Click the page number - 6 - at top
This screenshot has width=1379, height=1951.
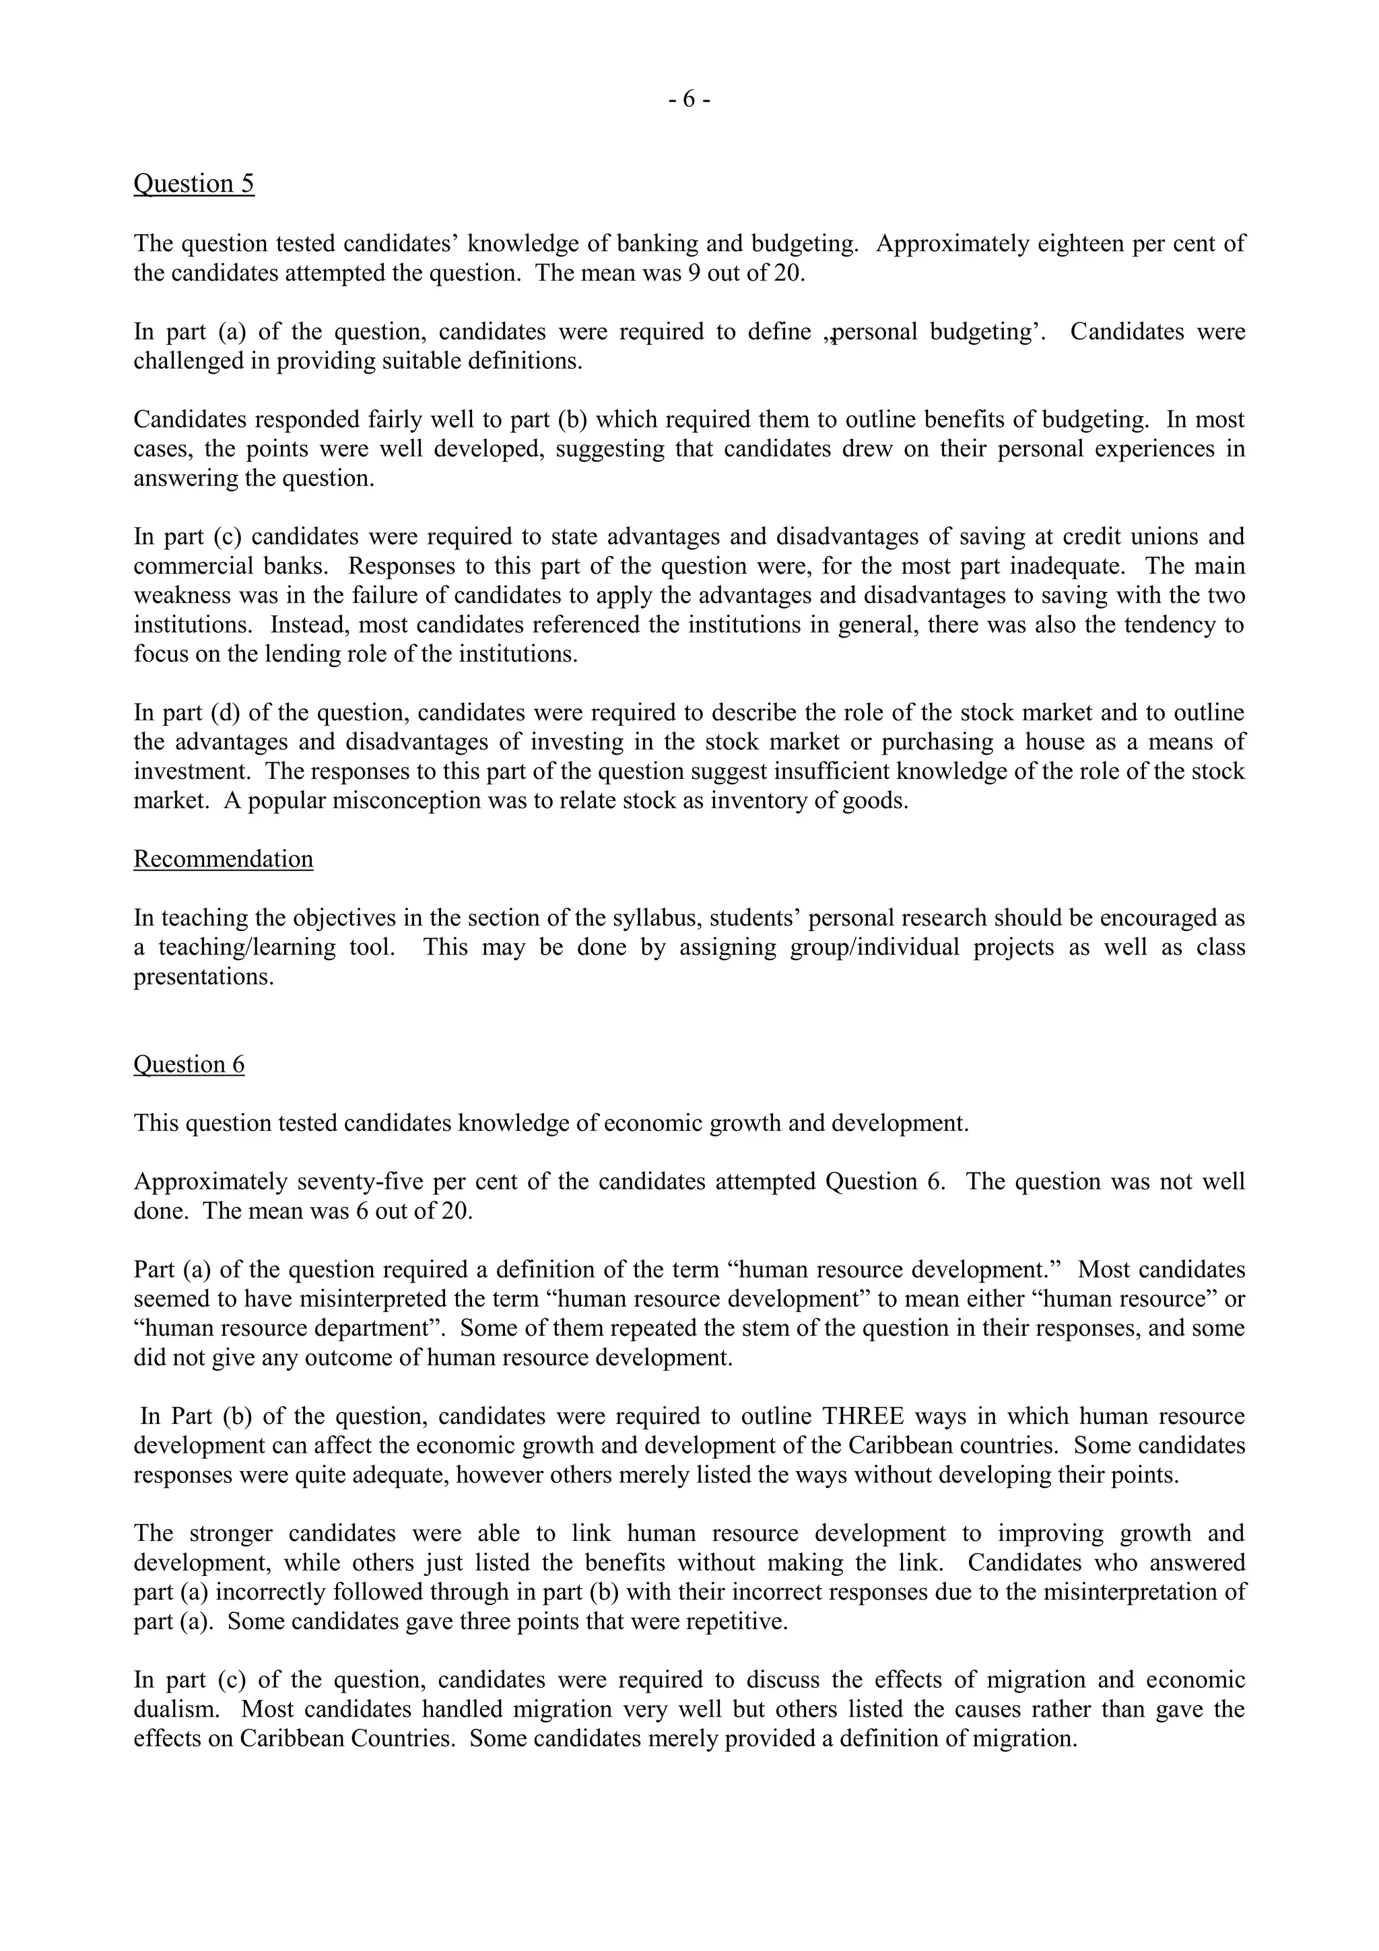[x=689, y=100]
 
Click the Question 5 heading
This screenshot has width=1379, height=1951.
[x=194, y=184]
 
